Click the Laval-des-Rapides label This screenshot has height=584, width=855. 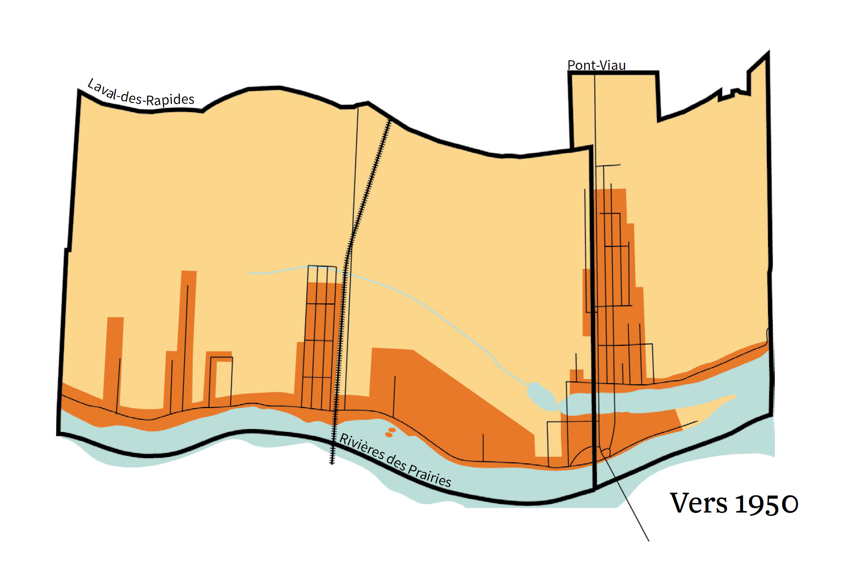[141, 93]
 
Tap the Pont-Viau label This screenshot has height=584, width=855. [596, 65]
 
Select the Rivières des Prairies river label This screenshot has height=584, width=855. [395, 461]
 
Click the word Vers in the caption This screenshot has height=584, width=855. [699, 503]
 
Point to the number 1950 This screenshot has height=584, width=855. [766, 504]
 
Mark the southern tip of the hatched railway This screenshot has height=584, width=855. [332, 462]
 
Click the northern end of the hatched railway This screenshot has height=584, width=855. [390, 121]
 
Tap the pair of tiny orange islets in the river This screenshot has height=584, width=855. [390, 432]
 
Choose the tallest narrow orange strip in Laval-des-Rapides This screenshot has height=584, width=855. [188, 337]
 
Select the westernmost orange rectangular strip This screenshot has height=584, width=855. [114, 357]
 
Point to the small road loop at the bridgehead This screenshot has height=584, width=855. [606, 453]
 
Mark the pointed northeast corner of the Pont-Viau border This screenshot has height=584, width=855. [768, 53]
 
